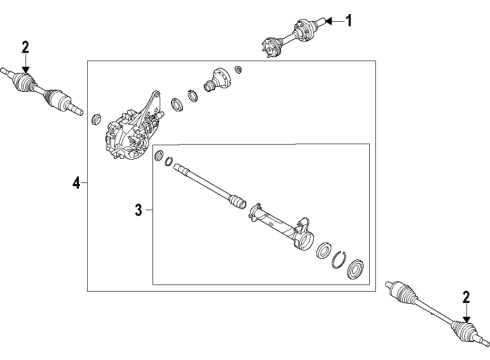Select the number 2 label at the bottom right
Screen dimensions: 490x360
466,296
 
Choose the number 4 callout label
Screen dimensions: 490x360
75,183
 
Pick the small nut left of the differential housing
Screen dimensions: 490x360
97,120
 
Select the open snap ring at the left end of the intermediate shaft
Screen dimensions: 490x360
172,163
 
